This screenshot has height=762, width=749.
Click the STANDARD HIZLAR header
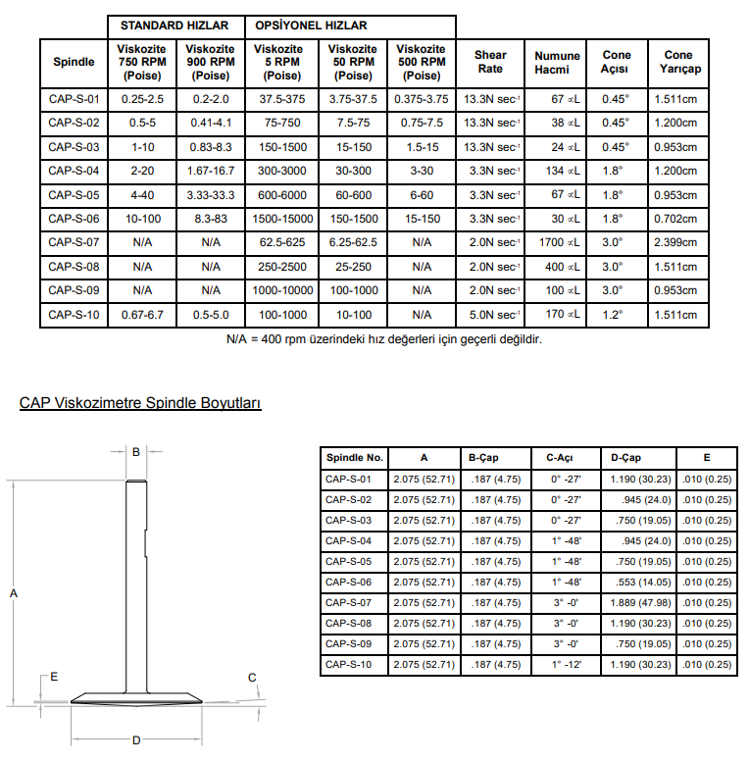[x=175, y=25]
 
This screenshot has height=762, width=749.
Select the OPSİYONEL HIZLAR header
[x=312, y=25]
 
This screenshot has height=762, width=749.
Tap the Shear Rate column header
[x=491, y=62]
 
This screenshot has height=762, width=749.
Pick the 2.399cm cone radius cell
[x=676, y=242]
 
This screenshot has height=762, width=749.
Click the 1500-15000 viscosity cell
[x=283, y=219]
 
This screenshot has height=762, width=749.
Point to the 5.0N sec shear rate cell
[x=491, y=315]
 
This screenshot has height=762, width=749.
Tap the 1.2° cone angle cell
[x=616, y=315]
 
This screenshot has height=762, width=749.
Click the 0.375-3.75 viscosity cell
[x=422, y=99]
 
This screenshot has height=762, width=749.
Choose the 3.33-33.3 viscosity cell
[x=211, y=195]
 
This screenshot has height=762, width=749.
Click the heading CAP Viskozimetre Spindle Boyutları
[x=140, y=403]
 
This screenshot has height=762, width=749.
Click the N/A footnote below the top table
[x=383, y=339]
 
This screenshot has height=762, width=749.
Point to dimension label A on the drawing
[x=14, y=592]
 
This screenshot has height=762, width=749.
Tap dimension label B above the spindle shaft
[x=136, y=452]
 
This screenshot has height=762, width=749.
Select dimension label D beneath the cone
[x=136, y=739]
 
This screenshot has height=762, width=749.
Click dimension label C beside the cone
[x=252, y=678]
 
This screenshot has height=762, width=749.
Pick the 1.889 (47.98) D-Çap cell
[x=640, y=603]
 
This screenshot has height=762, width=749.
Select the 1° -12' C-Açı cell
[x=567, y=664]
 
